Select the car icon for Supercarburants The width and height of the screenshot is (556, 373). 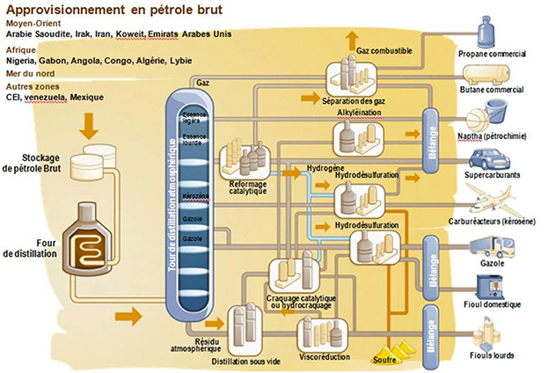click(490, 161)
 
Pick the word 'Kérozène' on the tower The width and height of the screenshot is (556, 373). click(195, 194)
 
